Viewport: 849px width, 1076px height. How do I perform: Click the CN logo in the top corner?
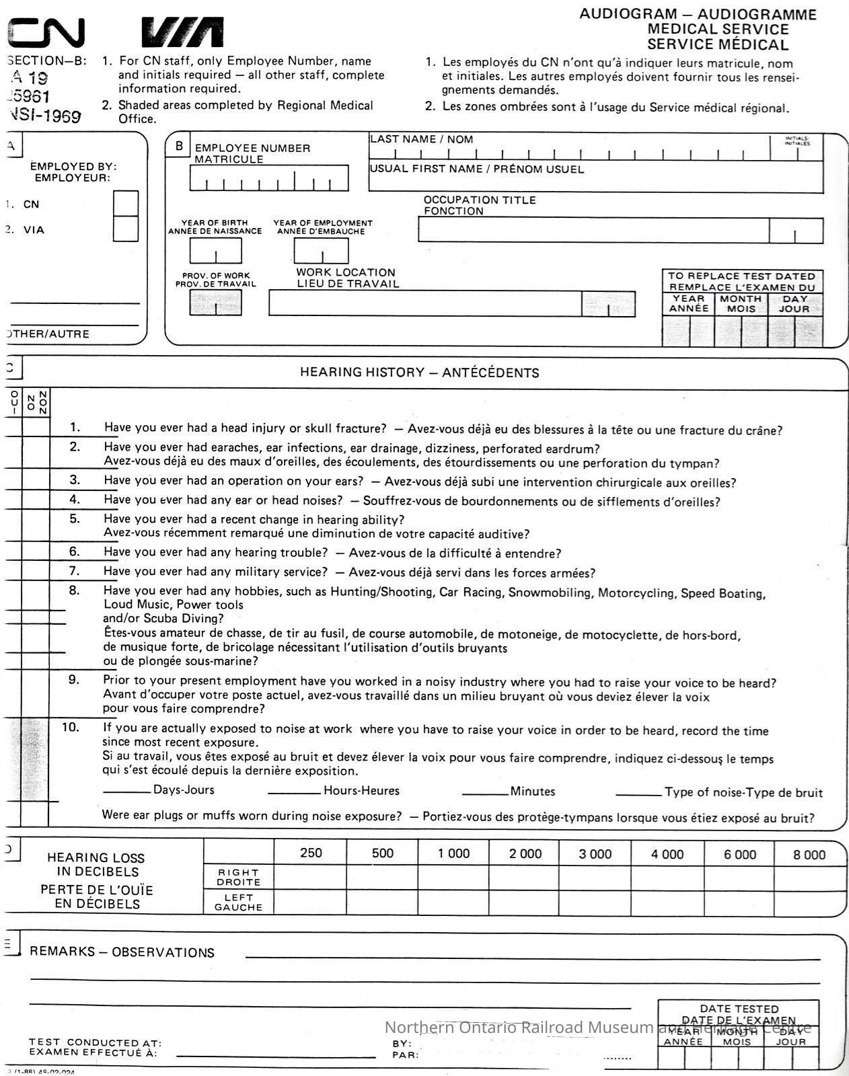point(46,32)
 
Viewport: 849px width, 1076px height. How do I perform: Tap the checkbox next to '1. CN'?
point(126,204)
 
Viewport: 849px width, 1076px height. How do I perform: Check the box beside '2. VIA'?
point(126,229)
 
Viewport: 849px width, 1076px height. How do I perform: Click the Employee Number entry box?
point(268,178)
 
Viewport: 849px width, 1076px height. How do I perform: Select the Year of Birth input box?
point(215,251)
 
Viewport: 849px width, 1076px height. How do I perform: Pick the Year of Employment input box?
point(321,251)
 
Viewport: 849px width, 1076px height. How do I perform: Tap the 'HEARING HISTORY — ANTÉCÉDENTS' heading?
point(419,373)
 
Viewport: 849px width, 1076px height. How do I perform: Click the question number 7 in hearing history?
point(75,571)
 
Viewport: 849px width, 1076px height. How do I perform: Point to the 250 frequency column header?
point(311,853)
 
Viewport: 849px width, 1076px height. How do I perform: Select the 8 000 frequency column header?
point(809,855)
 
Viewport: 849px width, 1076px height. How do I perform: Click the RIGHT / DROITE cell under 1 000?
point(453,878)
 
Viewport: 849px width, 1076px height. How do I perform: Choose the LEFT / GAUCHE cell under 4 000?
point(667,902)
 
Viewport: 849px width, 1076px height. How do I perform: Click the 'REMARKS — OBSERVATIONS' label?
point(122,952)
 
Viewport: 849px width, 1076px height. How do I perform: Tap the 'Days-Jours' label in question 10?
point(184,790)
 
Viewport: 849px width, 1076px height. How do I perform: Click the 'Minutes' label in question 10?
point(532,792)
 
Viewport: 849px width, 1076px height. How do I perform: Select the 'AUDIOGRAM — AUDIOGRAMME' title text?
point(698,14)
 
